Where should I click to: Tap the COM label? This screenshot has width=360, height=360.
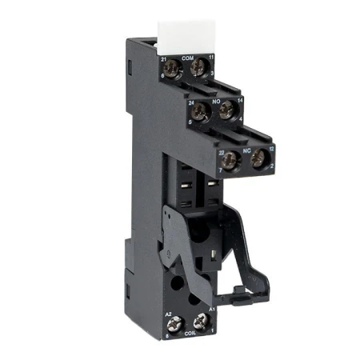coord(188,58)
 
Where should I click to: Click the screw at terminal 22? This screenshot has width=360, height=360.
coord(230,160)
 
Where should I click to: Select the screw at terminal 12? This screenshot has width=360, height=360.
coord(257,160)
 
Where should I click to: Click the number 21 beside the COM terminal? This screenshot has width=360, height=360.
coord(165,58)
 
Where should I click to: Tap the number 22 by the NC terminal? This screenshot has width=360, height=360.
coord(222,151)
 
